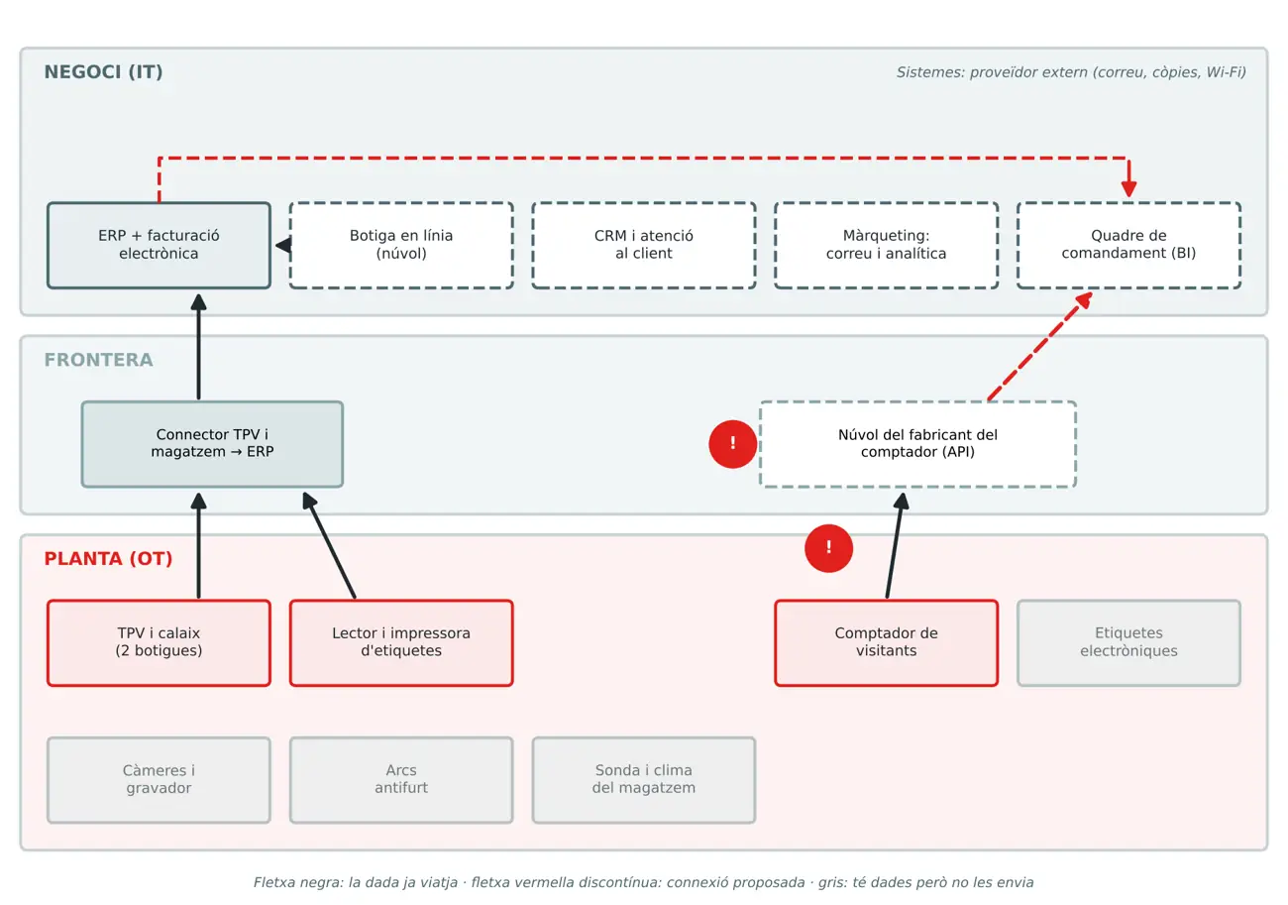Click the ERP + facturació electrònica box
159,245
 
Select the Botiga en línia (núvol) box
401,245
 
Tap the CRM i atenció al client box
644,245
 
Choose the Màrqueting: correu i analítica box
886,245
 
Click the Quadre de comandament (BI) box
1128,245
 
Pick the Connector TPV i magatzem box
212,444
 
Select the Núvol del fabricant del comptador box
917,444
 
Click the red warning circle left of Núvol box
732,444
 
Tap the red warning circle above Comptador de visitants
828,548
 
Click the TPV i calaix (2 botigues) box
159,642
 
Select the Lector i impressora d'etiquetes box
401,642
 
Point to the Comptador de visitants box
886,642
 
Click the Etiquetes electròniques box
1128,642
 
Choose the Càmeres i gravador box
159,779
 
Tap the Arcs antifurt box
401,779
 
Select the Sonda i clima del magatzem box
644,779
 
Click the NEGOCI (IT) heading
103,72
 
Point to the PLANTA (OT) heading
108,559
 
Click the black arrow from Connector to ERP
198,347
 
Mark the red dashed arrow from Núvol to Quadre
1039,346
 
